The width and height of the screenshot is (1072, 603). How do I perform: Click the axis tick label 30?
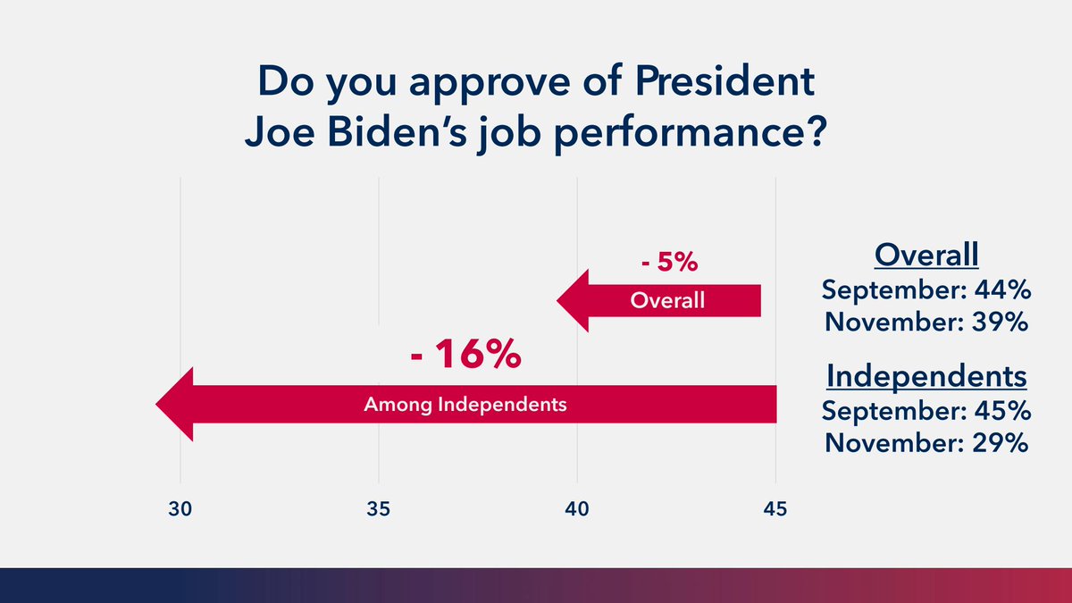(180, 511)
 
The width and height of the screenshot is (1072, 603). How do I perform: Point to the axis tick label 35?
(379, 511)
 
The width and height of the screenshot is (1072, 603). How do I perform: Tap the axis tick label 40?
(577, 511)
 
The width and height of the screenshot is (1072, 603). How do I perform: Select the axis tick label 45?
(775, 511)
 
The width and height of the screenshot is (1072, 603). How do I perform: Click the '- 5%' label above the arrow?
(668, 264)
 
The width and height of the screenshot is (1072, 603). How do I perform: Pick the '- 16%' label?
(465, 355)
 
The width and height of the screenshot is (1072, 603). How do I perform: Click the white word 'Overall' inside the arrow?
(667, 301)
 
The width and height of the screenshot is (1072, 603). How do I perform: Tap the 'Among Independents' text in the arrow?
(465, 405)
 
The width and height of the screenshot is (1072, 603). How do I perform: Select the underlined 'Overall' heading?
(926, 255)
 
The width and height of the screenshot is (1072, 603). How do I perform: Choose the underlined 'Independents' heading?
(926, 376)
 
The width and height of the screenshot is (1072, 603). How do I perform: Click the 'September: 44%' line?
(926, 290)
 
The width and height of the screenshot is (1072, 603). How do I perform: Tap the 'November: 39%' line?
(926, 322)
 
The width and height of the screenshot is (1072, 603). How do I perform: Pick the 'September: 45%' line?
(926, 411)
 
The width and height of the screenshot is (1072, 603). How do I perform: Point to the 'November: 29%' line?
(926, 442)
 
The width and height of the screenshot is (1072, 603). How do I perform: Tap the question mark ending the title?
(814, 137)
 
